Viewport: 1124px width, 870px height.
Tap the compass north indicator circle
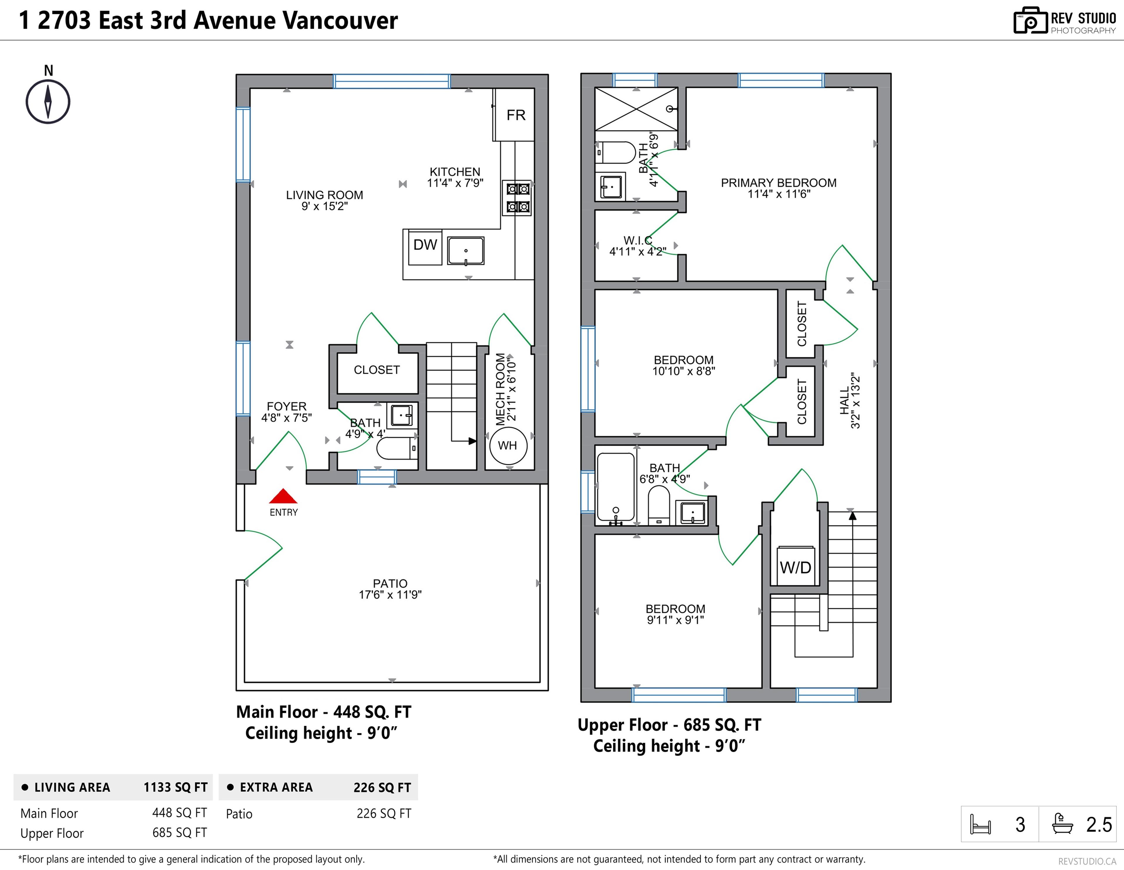tap(48, 101)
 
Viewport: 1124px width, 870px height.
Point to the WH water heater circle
tap(508, 446)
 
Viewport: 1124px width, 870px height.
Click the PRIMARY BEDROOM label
tap(778, 183)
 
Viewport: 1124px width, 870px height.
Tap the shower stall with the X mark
tap(636, 109)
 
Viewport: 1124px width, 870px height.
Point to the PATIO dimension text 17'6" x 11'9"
tap(390, 595)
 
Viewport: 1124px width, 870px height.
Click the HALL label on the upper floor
tap(844, 401)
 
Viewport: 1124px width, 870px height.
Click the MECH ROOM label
tap(500, 389)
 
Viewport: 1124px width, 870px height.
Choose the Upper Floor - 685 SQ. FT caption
tap(669, 725)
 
